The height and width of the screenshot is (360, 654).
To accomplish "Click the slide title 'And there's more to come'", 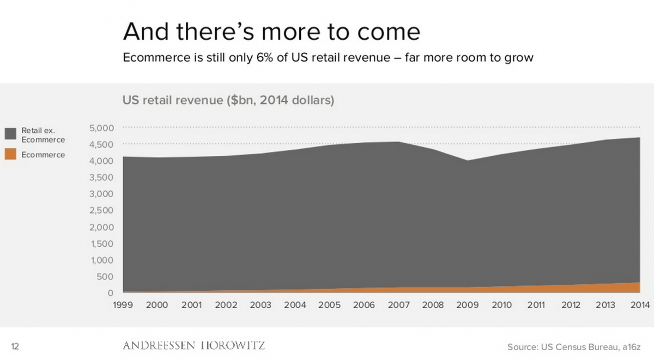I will coord(271,32).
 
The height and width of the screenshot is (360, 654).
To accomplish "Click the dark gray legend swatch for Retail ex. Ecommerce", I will coord(10,134).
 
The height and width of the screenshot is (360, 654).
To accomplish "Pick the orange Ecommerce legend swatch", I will coord(10,155).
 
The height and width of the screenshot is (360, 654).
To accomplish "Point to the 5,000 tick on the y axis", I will coord(101,128).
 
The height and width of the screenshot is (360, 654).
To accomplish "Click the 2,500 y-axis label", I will coord(101,211).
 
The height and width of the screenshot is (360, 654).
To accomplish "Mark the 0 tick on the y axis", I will coord(110,294).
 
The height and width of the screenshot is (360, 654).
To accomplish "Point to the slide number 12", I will coord(15,346).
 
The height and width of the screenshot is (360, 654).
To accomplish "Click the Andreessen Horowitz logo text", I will coord(194,346).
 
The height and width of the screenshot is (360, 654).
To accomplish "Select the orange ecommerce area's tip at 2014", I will coord(638,284).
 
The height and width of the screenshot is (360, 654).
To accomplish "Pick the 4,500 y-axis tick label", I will coord(101,144).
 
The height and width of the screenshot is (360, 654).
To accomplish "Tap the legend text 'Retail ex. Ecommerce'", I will coord(43,135).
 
